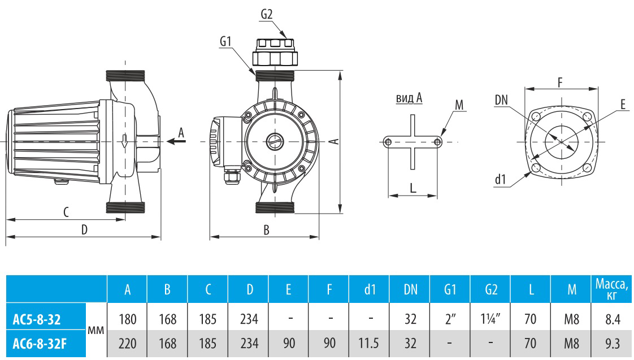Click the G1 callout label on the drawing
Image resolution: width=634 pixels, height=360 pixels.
pos(225,41)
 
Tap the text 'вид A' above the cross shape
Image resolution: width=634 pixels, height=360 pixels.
pos(409,98)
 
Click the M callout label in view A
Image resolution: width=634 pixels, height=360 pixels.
pos(459,105)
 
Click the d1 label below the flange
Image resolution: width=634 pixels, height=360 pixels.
pos(500,180)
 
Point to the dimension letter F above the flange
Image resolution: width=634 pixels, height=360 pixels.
pos(560,81)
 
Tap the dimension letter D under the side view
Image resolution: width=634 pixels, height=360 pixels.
pos(84,229)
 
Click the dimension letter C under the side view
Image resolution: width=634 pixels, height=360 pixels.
pos(66,212)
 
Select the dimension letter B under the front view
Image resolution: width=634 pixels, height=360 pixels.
pos(266,229)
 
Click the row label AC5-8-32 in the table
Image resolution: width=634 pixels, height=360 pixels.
pos(38,319)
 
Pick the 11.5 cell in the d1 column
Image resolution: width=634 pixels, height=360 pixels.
pos(370,342)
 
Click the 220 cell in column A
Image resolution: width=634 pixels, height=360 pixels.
pos(127,342)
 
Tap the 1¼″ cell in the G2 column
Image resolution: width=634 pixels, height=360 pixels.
pos(491,319)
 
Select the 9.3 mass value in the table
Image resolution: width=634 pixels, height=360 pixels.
pos(613,342)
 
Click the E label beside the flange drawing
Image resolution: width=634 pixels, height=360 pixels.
pos(622,105)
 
